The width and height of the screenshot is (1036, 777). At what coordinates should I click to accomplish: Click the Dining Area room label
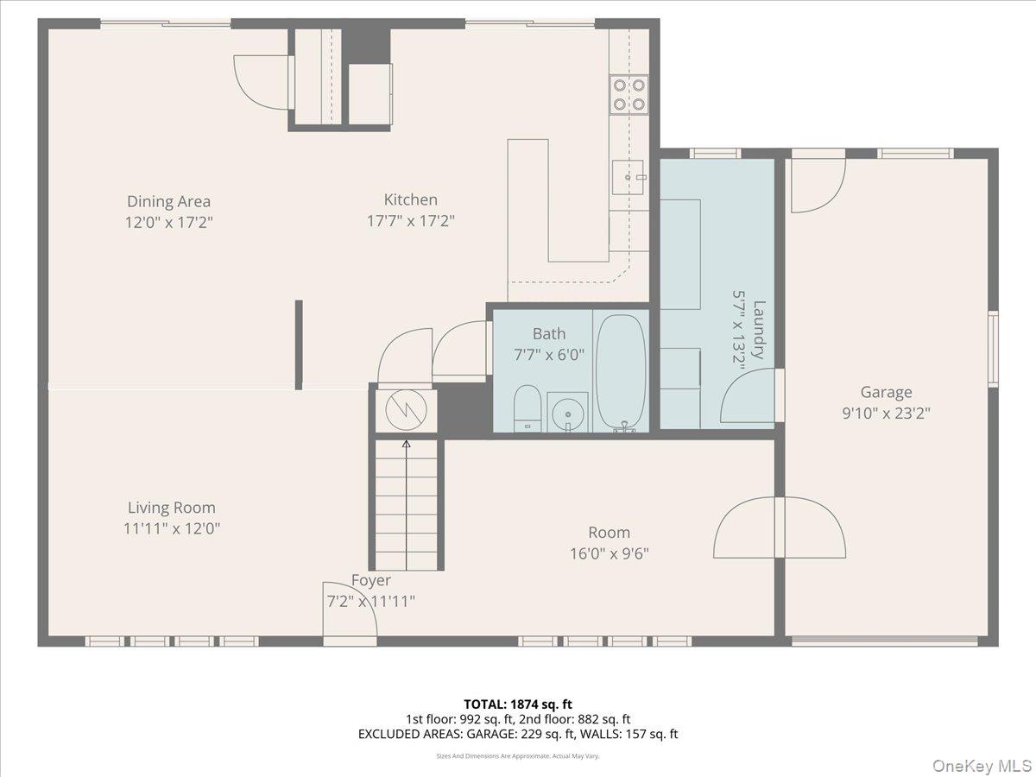(168, 202)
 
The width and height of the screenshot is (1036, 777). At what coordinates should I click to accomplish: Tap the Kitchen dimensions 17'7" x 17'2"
(410, 221)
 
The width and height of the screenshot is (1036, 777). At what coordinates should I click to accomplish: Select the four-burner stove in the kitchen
(629, 95)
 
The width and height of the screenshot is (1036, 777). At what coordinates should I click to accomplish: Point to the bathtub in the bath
(621, 371)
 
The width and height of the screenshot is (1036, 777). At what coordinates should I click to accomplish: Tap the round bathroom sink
(567, 412)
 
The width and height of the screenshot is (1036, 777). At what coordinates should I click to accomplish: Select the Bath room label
(549, 334)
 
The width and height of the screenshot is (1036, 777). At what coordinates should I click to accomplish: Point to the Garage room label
(886, 393)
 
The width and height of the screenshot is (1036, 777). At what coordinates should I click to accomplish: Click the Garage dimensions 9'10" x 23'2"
(886, 414)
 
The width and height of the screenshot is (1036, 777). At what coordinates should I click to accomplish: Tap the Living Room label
(171, 508)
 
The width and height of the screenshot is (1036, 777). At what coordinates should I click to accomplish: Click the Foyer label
(370, 580)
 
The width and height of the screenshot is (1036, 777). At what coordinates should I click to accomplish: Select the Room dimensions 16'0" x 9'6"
(609, 553)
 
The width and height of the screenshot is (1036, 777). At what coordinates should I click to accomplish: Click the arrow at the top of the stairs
(407, 445)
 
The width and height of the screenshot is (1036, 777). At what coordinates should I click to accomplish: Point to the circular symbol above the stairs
(406, 410)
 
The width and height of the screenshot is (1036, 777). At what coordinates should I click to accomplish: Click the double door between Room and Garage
(780, 527)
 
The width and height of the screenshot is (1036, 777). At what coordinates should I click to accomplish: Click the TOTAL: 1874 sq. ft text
(517, 704)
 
